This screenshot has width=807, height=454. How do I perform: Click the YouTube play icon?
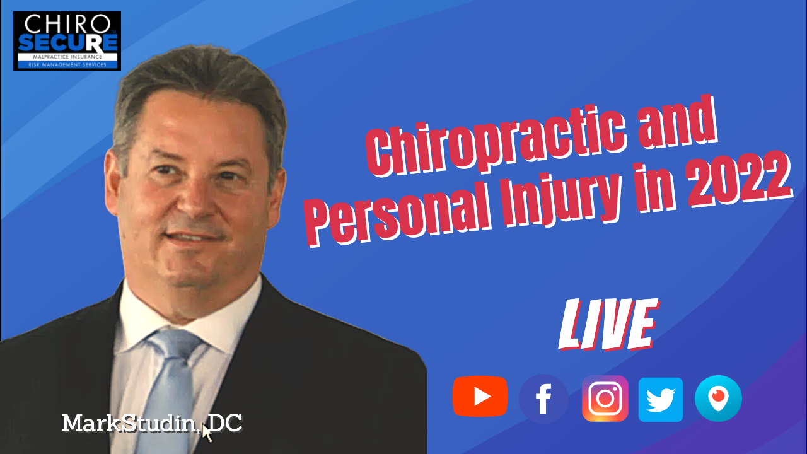pos(480,397)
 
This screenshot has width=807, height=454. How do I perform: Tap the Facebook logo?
pos(543,399)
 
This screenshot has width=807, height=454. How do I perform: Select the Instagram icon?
pos(605,399)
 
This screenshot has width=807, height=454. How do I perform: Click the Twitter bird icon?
pos(661,400)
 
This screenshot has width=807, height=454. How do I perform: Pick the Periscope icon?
pos(718,399)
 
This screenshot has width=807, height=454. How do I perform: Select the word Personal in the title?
pos(397,212)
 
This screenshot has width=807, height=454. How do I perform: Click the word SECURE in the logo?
pos(67,43)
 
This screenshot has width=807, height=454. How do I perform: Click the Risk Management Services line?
pos(67,65)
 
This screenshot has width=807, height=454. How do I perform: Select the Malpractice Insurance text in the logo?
pos(67,57)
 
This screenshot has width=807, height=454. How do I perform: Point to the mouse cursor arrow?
pos(207,433)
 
